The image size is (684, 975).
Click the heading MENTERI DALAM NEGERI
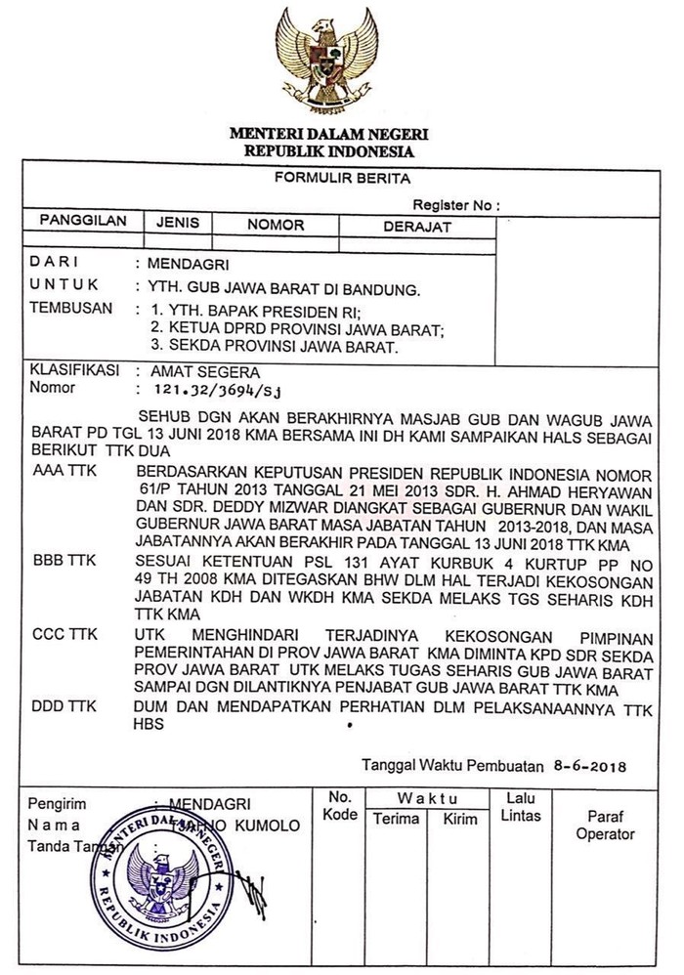[328, 133]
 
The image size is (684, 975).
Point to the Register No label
[455, 205]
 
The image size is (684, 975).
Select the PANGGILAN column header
[83, 222]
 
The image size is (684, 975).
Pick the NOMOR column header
[275, 225]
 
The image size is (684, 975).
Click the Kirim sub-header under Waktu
[460, 819]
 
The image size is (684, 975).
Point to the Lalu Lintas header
[520, 807]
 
